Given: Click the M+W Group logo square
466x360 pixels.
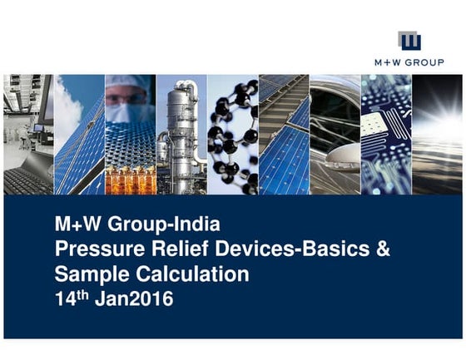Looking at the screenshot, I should coord(409,41).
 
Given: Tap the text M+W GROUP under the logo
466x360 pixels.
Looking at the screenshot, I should coord(409,62).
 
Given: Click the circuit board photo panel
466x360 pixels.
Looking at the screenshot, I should coord(386,133).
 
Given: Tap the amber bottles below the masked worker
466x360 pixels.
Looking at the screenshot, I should coord(129,180).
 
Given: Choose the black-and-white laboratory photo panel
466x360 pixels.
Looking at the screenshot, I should coord(28,133).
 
